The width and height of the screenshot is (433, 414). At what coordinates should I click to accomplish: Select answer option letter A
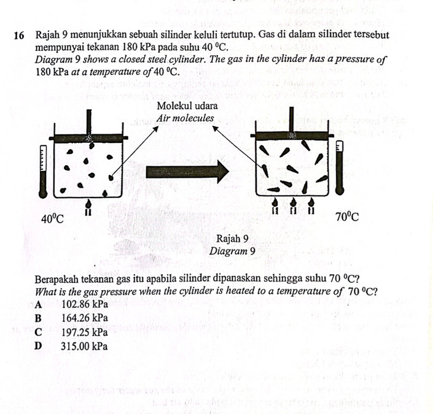coord(39,304)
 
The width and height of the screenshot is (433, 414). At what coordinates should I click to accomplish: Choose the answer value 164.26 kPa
coord(85,318)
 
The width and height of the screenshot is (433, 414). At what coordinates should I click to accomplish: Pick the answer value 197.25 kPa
coord(85,332)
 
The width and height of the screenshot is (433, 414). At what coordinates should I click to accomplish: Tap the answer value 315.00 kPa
coord(85,346)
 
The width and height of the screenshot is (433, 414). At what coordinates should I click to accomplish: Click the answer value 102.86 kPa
coord(85,304)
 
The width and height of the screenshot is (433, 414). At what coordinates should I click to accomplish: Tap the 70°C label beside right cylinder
coord(346,217)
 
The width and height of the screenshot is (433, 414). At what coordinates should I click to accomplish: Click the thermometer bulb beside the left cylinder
coord(42,192)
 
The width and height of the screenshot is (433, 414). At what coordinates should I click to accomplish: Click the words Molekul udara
coord(184,106)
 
